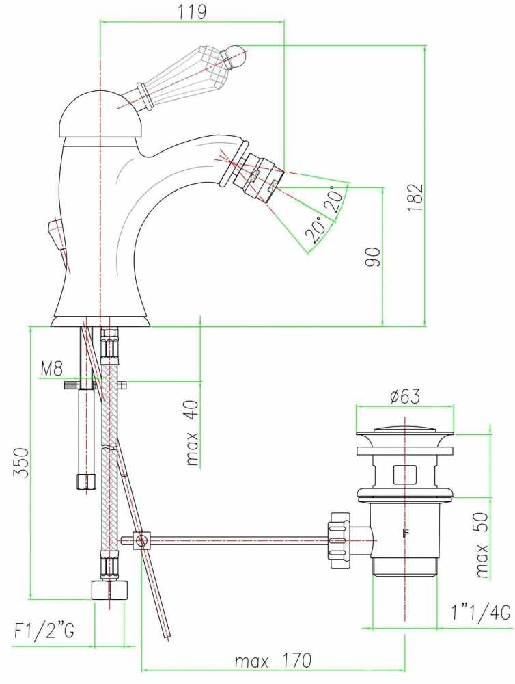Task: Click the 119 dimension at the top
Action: click(192, 12)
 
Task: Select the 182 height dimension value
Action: click(415, 198)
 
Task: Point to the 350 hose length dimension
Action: click(23, 462)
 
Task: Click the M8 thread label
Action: click(52, 369)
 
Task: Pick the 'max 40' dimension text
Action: click(192, 432)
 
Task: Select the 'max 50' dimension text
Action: click(482, 545)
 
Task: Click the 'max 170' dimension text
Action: click(273, 661)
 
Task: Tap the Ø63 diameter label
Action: click(405, 397)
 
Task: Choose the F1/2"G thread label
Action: click(44, 631)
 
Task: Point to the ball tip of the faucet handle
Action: click(238, 56)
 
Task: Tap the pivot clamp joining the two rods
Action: click(140, 541)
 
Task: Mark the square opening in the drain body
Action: click(406, 475)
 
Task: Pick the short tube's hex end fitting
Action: click(86, 482)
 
